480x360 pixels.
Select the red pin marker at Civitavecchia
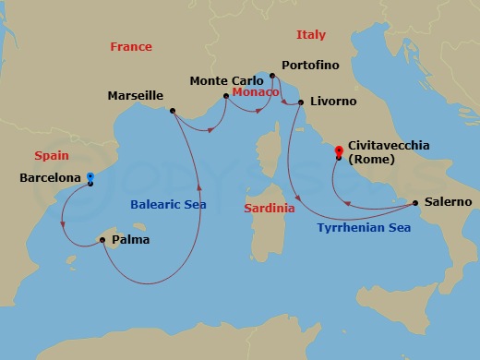[340, 150]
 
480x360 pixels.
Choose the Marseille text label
[136, 95]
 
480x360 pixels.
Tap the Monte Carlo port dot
[226, 95]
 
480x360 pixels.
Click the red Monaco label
[254, 93]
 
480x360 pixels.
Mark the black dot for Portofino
[271, 76]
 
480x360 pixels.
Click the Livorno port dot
[301, 102]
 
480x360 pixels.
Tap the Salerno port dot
[415, 202]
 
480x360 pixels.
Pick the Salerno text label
[449, 201]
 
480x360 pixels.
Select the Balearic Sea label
[168, 204]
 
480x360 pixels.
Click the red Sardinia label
[270, 209]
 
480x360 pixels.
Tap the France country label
[131, 47]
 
